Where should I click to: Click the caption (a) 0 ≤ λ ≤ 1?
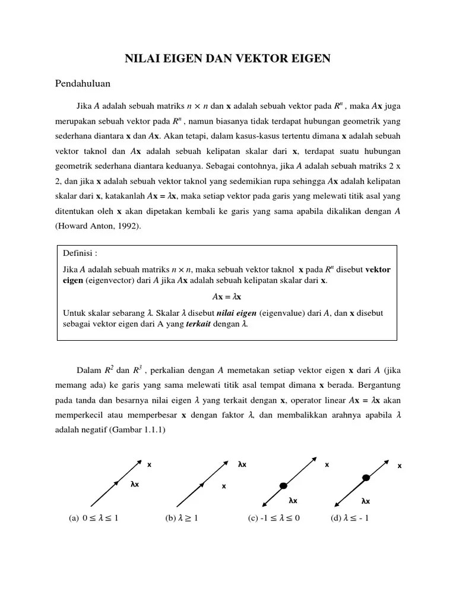(x=94, y=518)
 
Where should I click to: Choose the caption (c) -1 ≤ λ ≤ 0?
(x=274, y=518)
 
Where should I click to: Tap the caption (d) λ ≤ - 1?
(x=350, y=518)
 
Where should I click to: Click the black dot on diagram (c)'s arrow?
(x=284, y=485)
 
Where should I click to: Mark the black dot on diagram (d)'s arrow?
(x=366, y=477)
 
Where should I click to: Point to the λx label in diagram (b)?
(x=242, y=464)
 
